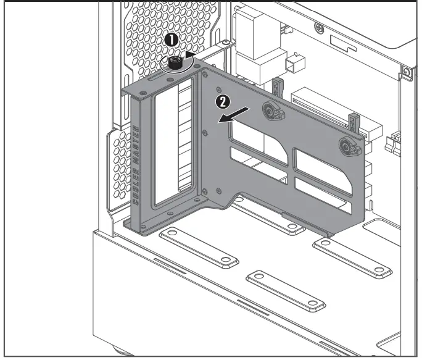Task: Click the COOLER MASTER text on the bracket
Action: tap(136, 164)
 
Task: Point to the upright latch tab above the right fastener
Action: tap(354, 123)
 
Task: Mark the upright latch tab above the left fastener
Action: tap(277, 87)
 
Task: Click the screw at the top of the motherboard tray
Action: tap(318, 27)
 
